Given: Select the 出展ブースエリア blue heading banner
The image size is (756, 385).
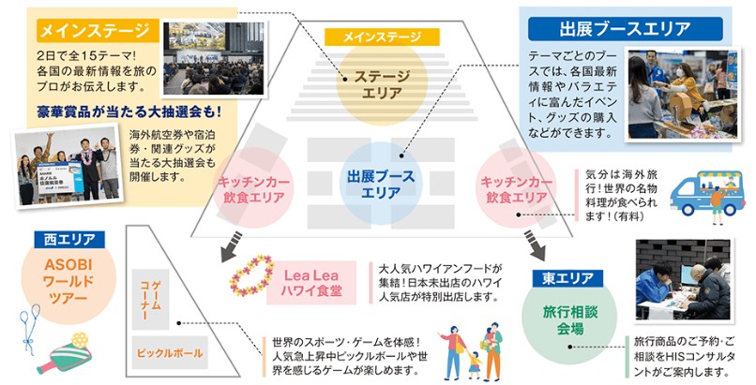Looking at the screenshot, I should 625,28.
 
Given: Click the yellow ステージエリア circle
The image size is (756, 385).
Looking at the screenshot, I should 382,84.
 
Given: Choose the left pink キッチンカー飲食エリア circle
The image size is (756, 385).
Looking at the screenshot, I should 251,187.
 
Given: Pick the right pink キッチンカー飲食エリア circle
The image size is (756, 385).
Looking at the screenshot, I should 513,187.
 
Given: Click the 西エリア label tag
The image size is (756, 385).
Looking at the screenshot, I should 65,240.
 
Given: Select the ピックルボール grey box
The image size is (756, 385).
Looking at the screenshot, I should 169,353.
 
